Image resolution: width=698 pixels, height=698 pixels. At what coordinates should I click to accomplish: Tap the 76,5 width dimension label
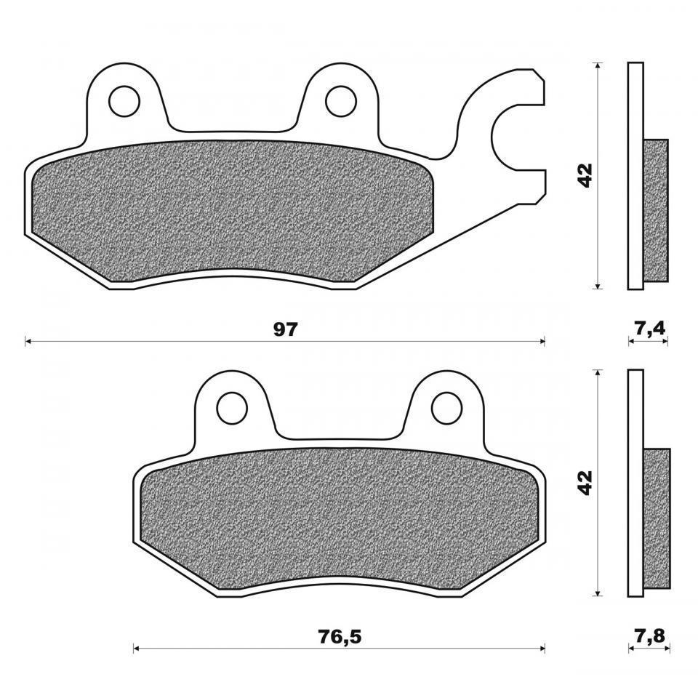pyautogui.click(x=340, y=637)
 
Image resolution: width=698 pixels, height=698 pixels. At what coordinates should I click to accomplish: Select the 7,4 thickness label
pyautogui.click(x=649, y=329)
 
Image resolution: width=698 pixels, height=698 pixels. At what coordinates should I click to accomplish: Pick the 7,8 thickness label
pyautogui.click(x=649, y=636)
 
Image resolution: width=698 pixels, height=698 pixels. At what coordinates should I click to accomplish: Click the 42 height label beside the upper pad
pyautogui.click(x=585, y=175)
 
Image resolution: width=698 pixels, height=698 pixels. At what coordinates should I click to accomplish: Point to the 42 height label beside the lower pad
pyautogui.click(x=585, y=482)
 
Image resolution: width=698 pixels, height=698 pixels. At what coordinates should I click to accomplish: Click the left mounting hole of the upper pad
pyautogui.click(x=124, y=101)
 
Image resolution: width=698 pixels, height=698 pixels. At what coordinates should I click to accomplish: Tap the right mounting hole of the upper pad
pyautogui.click(x=341, y=101)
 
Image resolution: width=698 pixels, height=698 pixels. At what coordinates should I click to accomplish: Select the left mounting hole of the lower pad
pyautogui.click(x=232, y=407)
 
